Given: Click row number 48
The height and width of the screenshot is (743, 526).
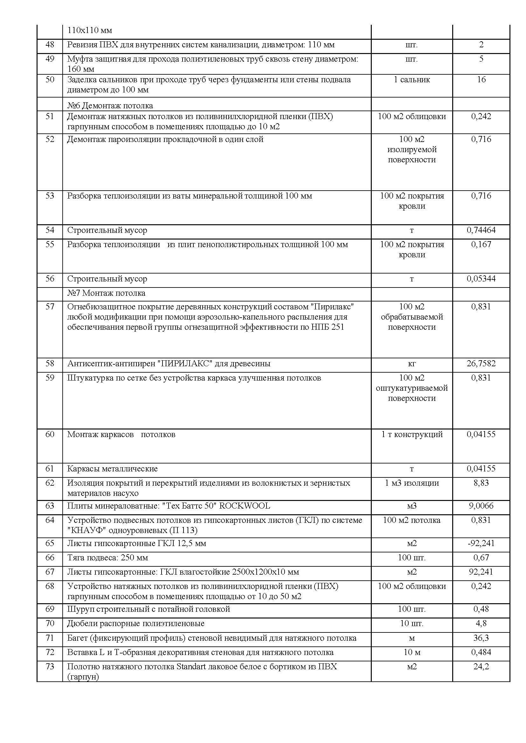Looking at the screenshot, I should [x=50, y=44].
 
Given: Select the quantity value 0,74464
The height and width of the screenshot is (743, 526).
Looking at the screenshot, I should [x=481, y=230].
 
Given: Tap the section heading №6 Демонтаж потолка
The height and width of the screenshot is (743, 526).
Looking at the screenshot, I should [x=110, y=106].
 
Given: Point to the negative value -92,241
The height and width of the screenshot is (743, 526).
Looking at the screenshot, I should [x=481, y=543].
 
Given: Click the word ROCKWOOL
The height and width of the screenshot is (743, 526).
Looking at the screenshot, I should [x=245, y=506].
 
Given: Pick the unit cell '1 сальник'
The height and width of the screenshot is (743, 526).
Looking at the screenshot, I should [x=412, y=80].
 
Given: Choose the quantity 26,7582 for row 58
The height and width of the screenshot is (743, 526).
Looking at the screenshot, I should [x=481, y=363].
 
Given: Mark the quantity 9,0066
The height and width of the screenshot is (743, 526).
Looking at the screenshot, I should [x=481, y=506].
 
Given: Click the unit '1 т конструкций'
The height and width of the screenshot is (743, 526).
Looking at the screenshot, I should [x=412, y=434].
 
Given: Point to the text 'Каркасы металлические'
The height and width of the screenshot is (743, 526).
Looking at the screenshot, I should [x=112, y=469].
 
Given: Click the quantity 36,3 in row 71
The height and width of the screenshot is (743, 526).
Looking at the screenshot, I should [x=481, y=638].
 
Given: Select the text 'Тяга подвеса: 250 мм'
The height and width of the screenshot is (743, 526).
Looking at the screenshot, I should [x=107, y=557].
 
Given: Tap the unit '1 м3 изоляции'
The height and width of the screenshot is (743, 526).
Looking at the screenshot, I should [x=412, y=483].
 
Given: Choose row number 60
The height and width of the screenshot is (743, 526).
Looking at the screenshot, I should [x=50, y=434].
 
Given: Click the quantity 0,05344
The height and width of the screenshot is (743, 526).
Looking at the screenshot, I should [x=481, y=279].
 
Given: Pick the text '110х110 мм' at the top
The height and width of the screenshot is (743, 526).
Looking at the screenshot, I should [x=90, y=31].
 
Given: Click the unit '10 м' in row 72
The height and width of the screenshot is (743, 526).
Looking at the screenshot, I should [x=412, y=652].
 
